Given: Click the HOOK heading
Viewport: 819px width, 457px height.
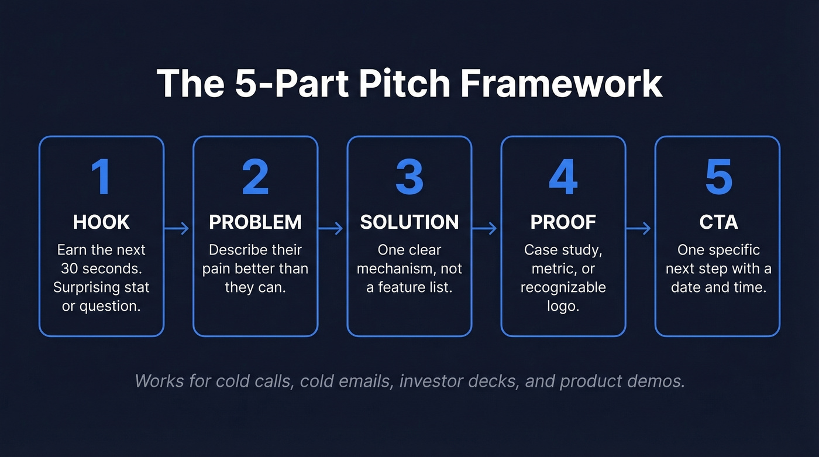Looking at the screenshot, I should click(x=101, y=222).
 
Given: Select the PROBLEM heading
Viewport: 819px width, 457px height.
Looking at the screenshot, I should click(x=255, y=222).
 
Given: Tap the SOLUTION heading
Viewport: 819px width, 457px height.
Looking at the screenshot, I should click(x=409, y=222).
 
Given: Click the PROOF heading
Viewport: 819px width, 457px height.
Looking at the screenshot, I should click(x=563, y=222).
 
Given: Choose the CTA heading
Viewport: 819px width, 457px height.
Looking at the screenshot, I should click(x=718, y=222).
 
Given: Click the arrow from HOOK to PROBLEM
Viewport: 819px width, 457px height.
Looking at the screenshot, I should click(x=177, y=228).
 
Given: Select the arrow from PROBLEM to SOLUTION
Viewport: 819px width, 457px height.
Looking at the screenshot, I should click(x=331, y=228).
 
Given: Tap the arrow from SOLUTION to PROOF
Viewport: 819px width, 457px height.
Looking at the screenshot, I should click(x=485, y=228).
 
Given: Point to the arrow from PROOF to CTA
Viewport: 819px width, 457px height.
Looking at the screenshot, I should click(x=639, y=228).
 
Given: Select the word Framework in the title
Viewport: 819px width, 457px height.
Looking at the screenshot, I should click(x=561, y=84).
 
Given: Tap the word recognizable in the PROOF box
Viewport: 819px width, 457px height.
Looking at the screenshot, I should click(x=563, y=288).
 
